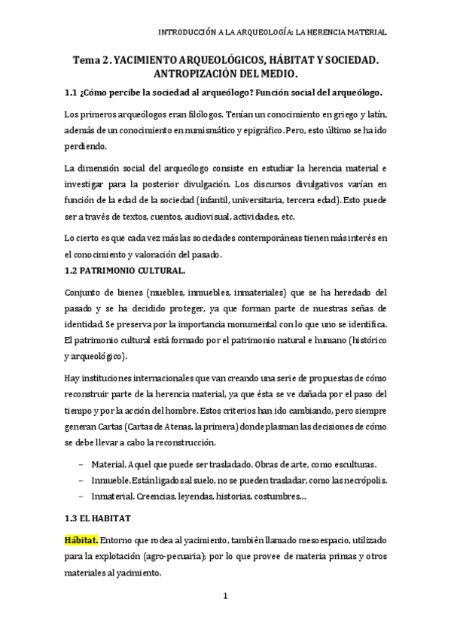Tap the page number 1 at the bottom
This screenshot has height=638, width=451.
tap(225, 597)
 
